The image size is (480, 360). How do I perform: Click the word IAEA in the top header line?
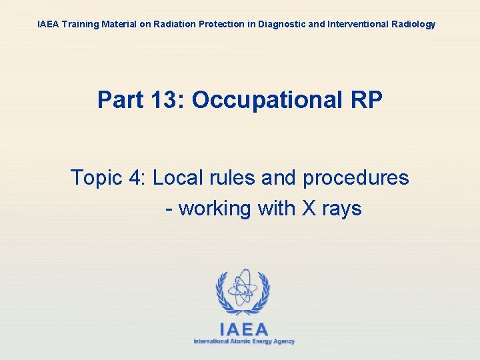tap(48, 24)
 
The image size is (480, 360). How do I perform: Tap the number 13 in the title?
tap(164, 100)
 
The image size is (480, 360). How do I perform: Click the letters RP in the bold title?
tap(365, 100)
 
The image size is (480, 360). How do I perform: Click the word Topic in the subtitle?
tap(97, 178)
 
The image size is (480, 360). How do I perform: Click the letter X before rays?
tap(309, 209)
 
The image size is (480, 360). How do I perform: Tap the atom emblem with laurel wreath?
tap(243, 292)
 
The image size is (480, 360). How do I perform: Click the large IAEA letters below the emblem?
tap(244, 329)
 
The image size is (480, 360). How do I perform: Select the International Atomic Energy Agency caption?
tap(244, 341)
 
